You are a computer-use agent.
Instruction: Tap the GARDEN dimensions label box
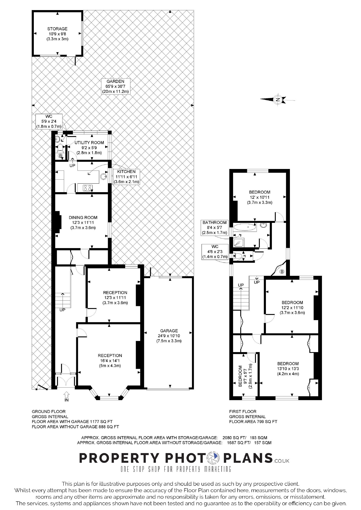click(x=116, y=86)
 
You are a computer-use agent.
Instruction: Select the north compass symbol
click(x=278, y=99)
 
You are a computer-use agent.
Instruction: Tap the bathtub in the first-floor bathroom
click(x=245, y=227)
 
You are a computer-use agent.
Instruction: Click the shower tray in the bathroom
click(x=238, y=242)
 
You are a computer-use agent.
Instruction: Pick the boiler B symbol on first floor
click(x=282, y=271)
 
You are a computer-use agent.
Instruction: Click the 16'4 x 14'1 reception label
click(x=110, y=360)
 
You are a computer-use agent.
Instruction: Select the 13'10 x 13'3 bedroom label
click(x=288, y=368)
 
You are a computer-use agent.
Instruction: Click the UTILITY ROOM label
click(x=89, y=148)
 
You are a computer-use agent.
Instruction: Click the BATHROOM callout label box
click(x=214, y=227)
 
